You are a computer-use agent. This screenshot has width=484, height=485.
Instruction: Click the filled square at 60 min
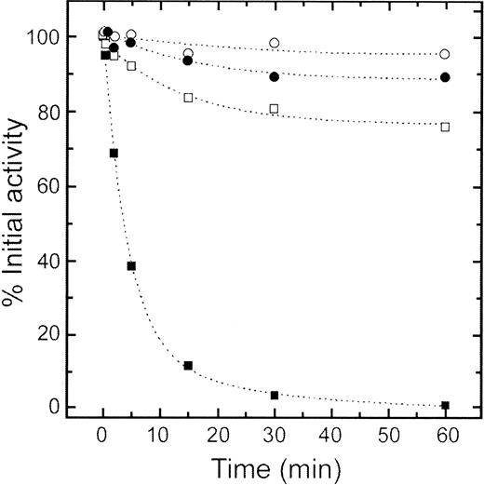[x=445, y=405]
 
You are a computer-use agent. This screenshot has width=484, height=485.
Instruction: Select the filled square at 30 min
[x=275, y=396]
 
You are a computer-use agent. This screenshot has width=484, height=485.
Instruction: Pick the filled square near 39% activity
[x=131, y=266]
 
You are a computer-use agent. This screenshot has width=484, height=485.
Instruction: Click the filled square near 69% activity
[x=114, y=153]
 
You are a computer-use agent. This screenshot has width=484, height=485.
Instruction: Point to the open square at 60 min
[x=445, y=127]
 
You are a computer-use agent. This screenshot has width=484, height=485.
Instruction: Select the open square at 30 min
[x=275, y=109]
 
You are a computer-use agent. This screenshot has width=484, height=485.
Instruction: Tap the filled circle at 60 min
[x=445, y=77]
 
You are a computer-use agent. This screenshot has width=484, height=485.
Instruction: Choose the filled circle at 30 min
[x=275, y=76]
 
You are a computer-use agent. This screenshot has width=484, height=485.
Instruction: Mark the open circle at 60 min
[x=445, y=54]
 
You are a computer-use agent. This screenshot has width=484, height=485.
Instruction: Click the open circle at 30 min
[x=275, y=43]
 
